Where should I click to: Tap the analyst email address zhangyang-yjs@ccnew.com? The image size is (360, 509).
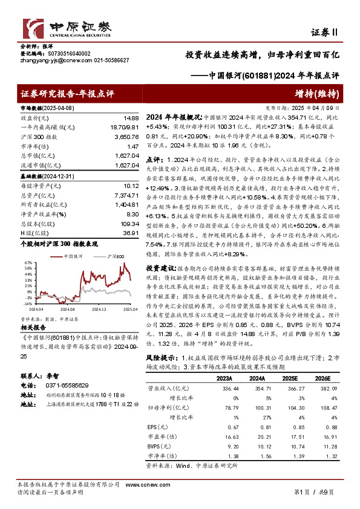tap(50, 60)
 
